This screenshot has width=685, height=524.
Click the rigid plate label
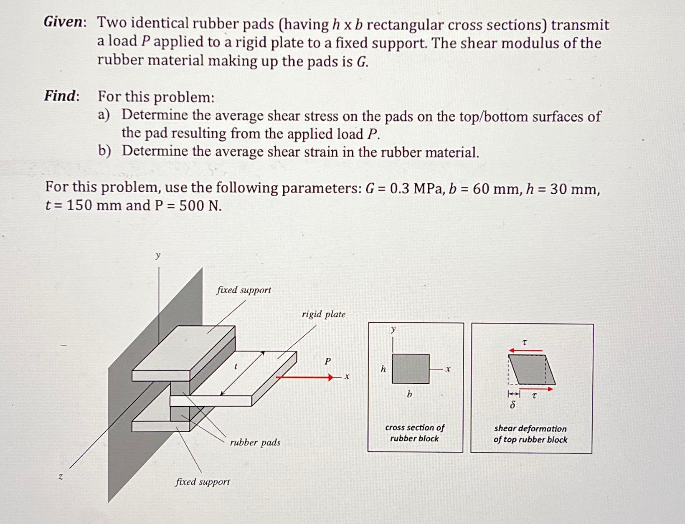323,314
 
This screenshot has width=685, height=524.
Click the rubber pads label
255,442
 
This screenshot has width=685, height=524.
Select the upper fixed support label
244,290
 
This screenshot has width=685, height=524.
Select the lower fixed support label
203,481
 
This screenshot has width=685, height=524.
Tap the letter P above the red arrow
328,361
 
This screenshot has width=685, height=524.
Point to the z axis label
61,476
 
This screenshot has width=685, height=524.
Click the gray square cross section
410,369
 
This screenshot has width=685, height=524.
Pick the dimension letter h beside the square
383,369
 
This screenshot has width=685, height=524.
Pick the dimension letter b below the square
409,394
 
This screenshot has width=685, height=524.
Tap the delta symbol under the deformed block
513,405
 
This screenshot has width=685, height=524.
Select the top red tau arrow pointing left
525,350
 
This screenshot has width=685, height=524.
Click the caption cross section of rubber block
414,433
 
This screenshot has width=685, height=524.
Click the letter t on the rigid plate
236,367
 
